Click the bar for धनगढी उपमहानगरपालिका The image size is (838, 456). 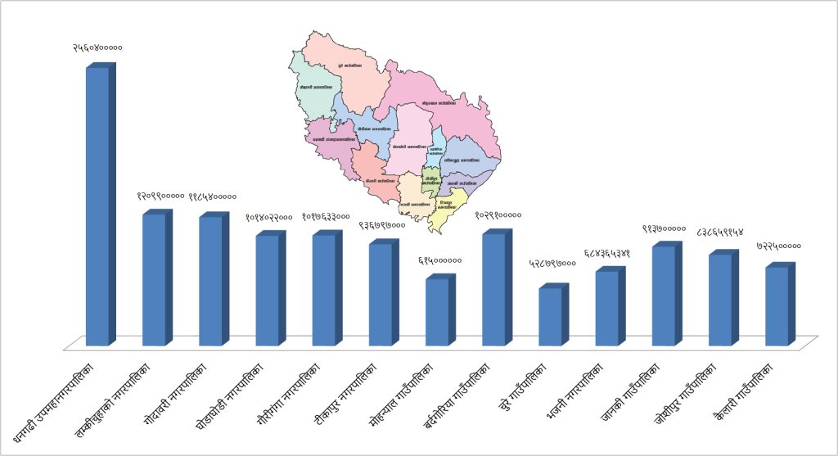[97, 205]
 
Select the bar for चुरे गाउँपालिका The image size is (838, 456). [550, 316]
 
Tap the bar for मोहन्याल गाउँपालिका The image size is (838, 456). [437, 311]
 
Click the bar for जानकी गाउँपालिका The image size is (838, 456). [664, 295]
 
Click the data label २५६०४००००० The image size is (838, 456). [97, 48]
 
